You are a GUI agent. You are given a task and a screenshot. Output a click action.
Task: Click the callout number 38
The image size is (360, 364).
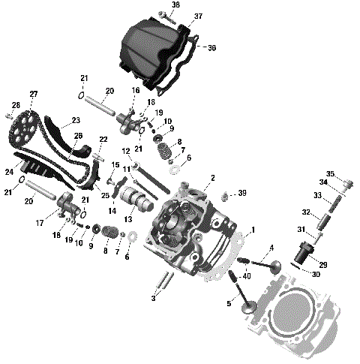(175, 5)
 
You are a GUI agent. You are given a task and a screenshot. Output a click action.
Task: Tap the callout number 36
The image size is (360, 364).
(211, 47)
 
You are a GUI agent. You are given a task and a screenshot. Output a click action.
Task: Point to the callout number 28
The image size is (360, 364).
(16, 104)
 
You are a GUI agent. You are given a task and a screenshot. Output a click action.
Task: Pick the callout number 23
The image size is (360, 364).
(76, 120)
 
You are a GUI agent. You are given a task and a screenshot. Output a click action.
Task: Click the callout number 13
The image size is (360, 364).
(127, 219)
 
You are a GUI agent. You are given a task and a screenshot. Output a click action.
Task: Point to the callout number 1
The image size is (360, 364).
(253, 230)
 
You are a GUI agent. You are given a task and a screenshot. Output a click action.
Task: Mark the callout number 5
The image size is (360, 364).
(228, 303)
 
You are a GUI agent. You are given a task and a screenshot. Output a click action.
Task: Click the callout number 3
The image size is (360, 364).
(154, 299)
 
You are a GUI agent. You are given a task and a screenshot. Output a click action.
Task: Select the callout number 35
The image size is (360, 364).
(330, 174)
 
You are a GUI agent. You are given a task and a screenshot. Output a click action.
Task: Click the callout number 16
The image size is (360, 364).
(136, 90)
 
